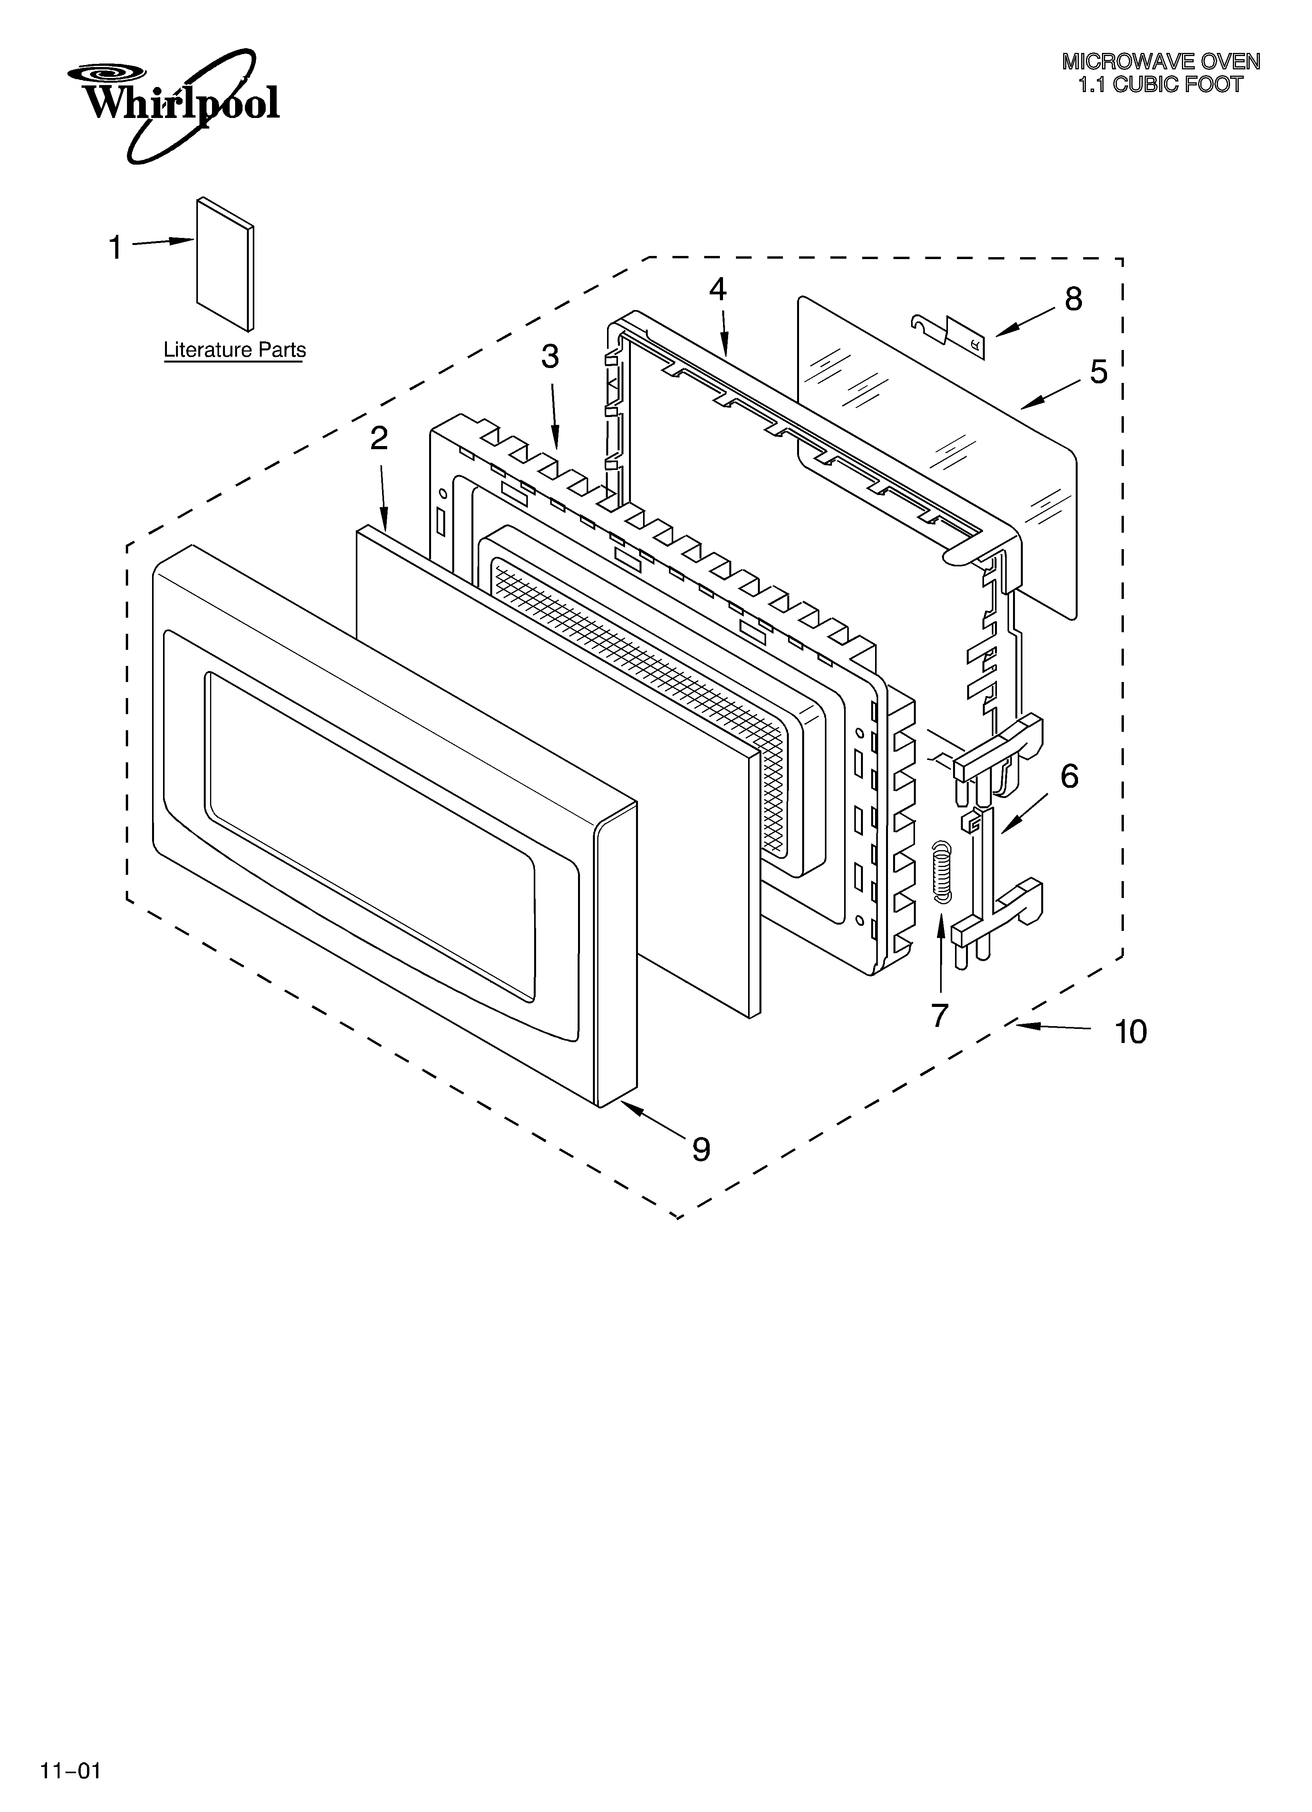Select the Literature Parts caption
point(234,350)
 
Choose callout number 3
point(550,357)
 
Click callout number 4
point(718,289)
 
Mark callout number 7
point(940,1016)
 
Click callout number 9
point(701,1149)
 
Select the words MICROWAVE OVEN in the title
point(1160,62)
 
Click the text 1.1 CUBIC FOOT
point(1160,85)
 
